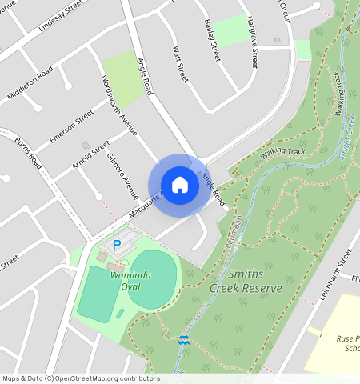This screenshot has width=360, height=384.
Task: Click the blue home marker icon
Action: (180, 185)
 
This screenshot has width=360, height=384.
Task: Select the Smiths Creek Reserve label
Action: (246, 281)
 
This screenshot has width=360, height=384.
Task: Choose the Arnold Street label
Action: (90, 157)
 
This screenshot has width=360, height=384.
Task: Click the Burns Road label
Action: (29, 154)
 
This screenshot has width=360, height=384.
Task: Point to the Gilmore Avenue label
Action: (122, 173)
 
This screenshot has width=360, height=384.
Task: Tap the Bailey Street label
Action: (212, 41)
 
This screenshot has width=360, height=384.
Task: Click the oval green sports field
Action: (151, 278)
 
